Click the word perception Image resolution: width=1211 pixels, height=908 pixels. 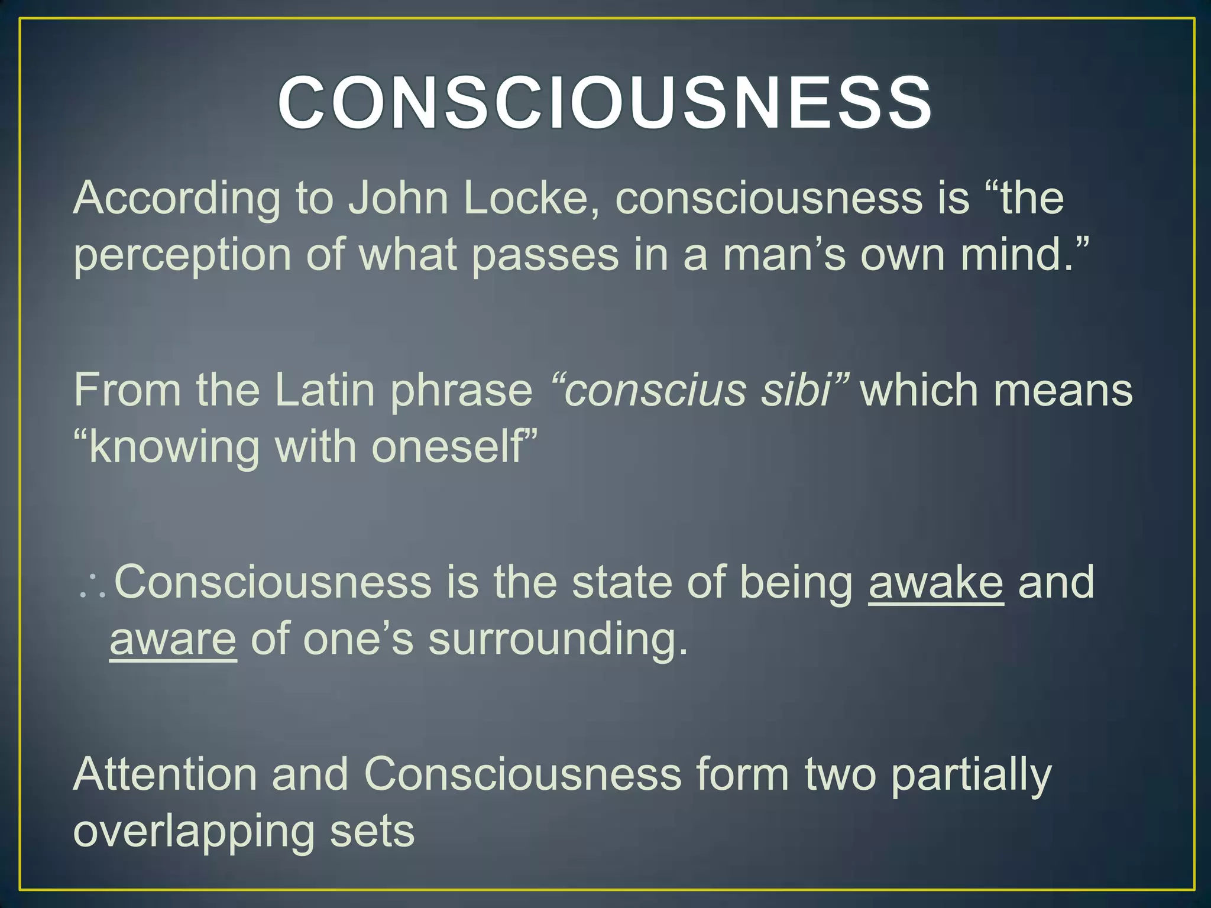click(x=182, y=255)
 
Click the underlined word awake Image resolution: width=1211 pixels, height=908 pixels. click(x=935, y=583)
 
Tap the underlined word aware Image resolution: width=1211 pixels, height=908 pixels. click(x=173, y=641)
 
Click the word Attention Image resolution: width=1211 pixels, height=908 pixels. click(x=165, y=774)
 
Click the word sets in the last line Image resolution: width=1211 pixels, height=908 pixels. click(x=372, y=831)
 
